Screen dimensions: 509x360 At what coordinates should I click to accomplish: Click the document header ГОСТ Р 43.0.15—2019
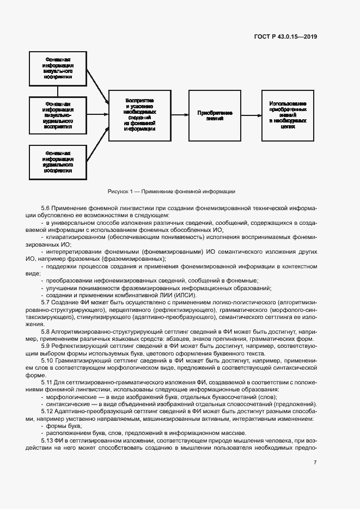click(x=285, y=37)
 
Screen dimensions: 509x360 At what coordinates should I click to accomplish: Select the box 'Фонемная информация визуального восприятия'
click(x=59, y=68)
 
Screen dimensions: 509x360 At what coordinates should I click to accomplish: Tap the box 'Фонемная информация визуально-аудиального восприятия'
click(x=59, y=114)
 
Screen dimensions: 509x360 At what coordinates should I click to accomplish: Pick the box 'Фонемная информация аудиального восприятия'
click(x=59, y=161)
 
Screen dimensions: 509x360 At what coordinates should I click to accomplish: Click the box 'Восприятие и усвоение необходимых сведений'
click(x=140, y=114)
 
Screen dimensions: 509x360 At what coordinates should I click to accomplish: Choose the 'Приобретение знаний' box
click(x=215, y=115)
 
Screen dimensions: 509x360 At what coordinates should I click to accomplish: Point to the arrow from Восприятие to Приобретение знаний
click(x=180, y=115)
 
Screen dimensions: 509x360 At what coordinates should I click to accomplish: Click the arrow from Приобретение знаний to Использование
click(x=250, y=115)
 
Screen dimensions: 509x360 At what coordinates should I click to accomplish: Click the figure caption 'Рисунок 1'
click(x=171, y=192)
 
